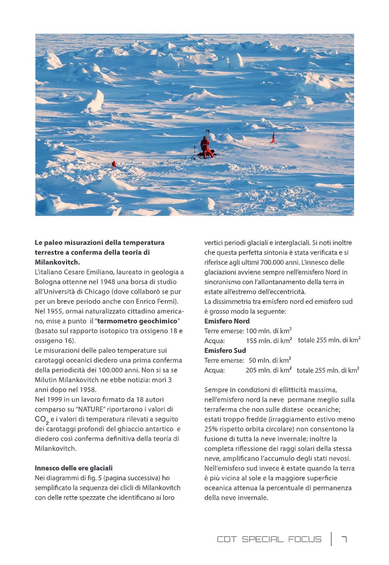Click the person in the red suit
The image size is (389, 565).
coord(205,146)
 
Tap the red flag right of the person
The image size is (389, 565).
coord(272,138)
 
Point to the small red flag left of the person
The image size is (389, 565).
coord(114,164)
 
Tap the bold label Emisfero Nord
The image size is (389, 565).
coord(227,321)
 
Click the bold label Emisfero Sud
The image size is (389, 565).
coord(225,351)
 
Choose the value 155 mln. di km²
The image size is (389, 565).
coord(269,341)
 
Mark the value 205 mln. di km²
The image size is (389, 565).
coord(269,370)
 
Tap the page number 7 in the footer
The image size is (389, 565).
coord(344,539)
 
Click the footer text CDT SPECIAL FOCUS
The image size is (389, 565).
coord(269,539)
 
